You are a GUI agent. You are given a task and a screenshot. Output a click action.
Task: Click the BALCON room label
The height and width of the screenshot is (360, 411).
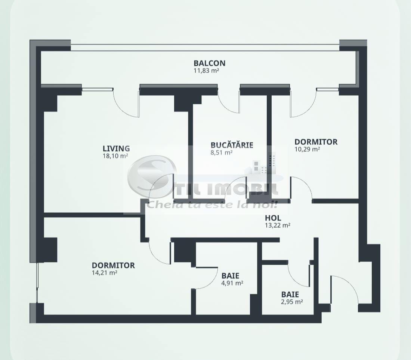point(209,63)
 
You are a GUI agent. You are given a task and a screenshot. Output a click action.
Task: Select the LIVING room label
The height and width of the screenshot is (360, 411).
point(116,149)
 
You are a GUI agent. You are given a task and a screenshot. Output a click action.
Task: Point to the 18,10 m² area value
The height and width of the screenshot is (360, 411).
point(115,156)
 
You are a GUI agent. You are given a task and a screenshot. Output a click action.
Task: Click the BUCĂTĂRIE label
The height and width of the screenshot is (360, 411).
point(232,145)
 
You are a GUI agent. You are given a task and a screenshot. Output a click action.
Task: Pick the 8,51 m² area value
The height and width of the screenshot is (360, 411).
point(222,152)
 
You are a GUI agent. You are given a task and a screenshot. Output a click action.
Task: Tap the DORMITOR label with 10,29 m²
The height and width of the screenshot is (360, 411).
point(316,142)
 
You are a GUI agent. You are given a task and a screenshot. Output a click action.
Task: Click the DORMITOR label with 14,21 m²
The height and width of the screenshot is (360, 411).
point(113,265)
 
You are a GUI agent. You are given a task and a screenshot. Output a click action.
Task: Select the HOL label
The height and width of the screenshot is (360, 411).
point(273,218)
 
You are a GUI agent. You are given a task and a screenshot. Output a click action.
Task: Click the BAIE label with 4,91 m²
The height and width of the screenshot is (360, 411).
point(230,276)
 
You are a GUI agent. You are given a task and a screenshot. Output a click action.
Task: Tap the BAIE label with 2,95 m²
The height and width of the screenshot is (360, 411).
point(290,295)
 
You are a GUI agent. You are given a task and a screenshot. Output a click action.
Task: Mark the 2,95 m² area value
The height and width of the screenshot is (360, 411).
point(292,302)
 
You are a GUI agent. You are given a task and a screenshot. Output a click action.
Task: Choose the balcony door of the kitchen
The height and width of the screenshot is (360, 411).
point(229,103)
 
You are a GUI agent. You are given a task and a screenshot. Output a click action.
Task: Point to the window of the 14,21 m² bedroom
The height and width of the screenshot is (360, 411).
point(37,282)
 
